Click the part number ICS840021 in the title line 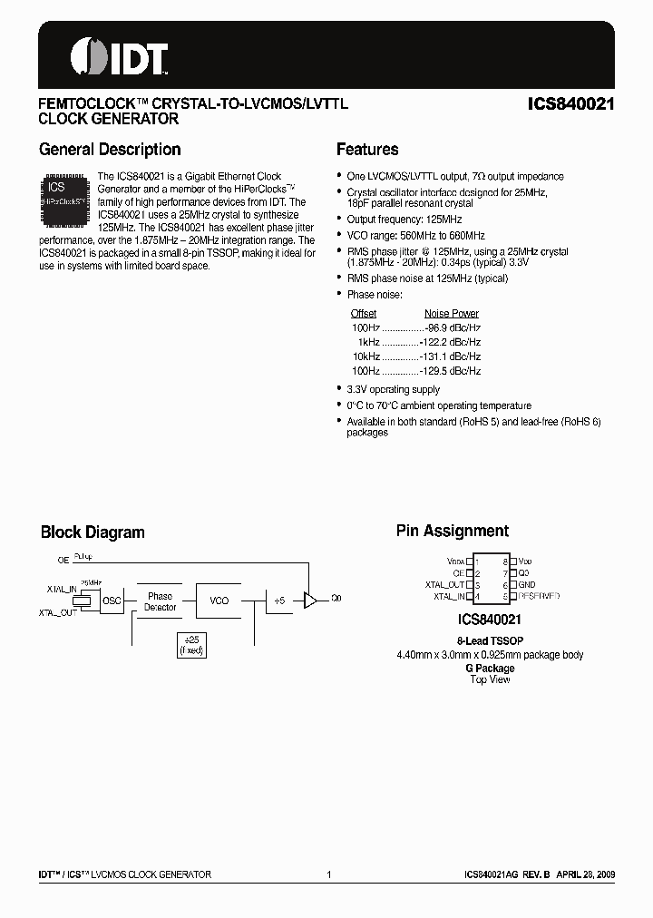coord(570,104)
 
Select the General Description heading coord(110,150)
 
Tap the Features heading coord(367,150)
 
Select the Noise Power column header coord(452,313)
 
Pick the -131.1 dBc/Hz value coord(450,356)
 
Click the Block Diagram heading coord(93,532)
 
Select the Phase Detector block coord(160,601)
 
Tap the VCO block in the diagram coord(219,601)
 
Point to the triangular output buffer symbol coord(310,600)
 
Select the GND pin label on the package coord(527,585)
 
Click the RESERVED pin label coord(539,597)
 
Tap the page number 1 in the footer coord(328,874)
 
